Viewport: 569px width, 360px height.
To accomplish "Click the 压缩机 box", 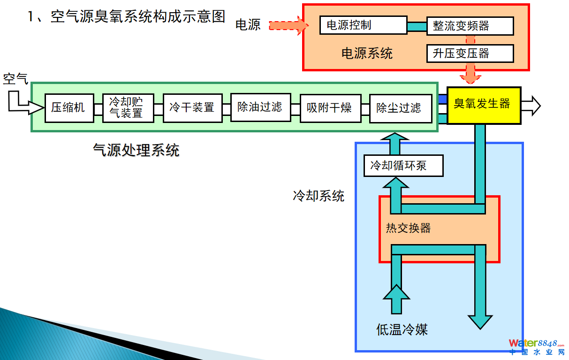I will (x=68, y=108).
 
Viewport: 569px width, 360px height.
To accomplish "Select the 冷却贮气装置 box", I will (x=128, y=108).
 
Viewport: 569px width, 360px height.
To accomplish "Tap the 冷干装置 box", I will (x=192, y=108).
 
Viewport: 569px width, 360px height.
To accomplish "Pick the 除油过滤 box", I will (x=260, y=107).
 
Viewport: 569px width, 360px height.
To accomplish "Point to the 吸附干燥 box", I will (x=329, y=108).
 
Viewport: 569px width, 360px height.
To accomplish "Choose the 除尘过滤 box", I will (x=400, y=108).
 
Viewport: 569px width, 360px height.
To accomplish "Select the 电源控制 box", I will (x=363, y=25).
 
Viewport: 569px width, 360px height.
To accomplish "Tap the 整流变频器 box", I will (x=470, y=26).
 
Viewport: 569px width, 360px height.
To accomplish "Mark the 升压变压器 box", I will (x=470, y=54).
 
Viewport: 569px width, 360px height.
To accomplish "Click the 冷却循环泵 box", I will (x=403, y=166).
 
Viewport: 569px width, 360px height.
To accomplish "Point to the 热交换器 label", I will (x=408, y=229).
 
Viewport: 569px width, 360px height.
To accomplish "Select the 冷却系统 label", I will (x=319, y=196).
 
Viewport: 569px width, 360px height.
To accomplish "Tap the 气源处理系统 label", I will (x=136, y=150).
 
